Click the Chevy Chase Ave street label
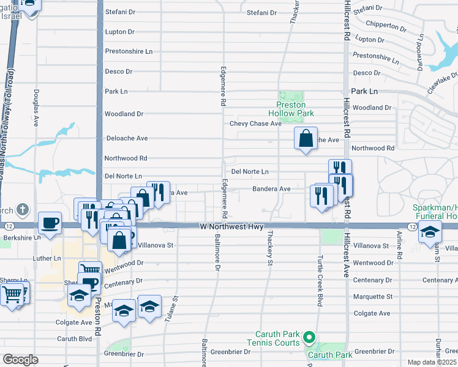tap(255, 124)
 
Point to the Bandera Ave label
tap(271, 189)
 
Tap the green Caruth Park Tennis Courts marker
tap(310, 338)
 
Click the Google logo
tap(20, 360)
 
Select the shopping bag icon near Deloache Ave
tap(306, 138)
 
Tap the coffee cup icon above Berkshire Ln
tap(50, 223)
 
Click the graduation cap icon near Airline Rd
tap(430, 232)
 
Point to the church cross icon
tap(23, 210)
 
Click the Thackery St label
tap(269, 248)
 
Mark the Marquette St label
tap(372, 297)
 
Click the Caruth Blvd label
tap(73, 338)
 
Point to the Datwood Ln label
tap(421, 54)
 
